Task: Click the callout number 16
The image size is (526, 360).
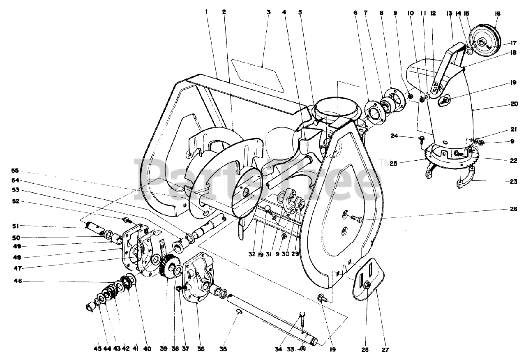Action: coord(498,13)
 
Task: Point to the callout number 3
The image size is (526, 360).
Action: coord(268,12)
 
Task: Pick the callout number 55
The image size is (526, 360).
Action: coord(15,171)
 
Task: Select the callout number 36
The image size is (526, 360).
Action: coord(201,349)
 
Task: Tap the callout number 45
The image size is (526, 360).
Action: coord(97,349)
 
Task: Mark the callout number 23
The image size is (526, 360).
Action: coord(513,181)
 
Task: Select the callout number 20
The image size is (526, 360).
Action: coord(514,104)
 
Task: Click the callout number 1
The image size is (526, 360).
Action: coord(206,12)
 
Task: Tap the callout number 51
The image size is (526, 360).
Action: coord(15,226)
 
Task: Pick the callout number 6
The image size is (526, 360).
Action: coord(355,12)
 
